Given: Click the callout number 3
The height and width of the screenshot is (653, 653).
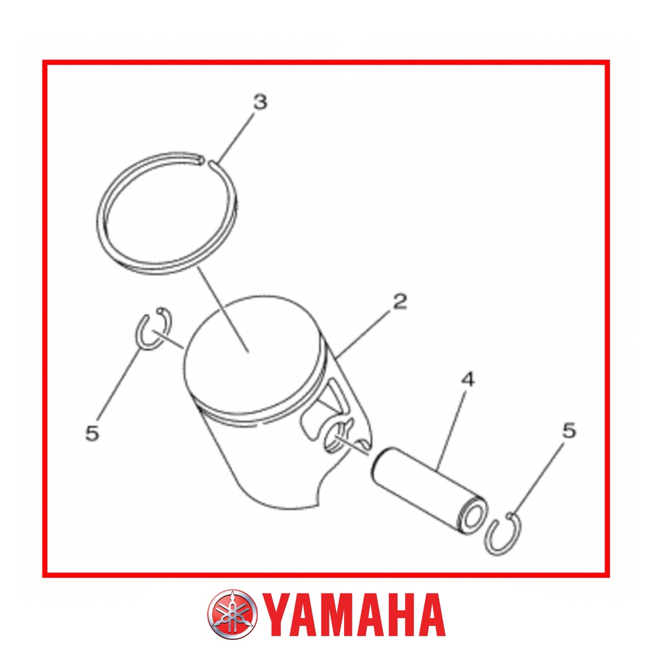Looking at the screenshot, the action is [260, 102].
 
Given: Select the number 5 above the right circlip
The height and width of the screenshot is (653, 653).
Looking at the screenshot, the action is [569, 431].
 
